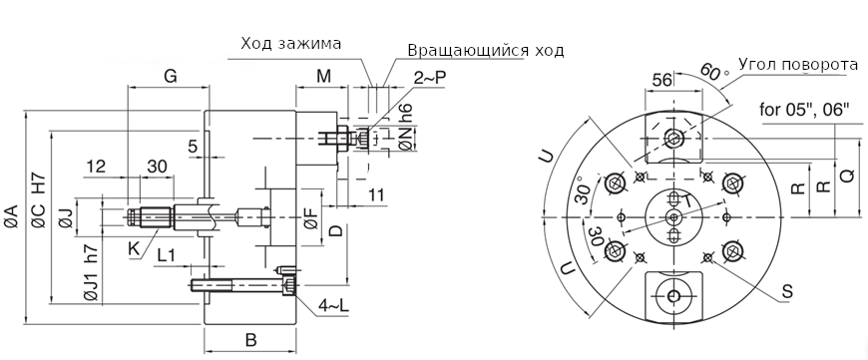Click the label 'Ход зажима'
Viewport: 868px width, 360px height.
(x=290, y=44)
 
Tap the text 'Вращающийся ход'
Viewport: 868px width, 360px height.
(x=486, y=50)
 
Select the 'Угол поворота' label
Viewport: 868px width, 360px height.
(x=799, y=65)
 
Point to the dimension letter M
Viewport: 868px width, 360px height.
(x=324, y=77)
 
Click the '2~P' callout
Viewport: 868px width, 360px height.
(x=430, y=78)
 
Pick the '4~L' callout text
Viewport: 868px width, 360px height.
(x=334, y=306)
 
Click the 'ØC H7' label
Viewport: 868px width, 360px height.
(x=38, y=200)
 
